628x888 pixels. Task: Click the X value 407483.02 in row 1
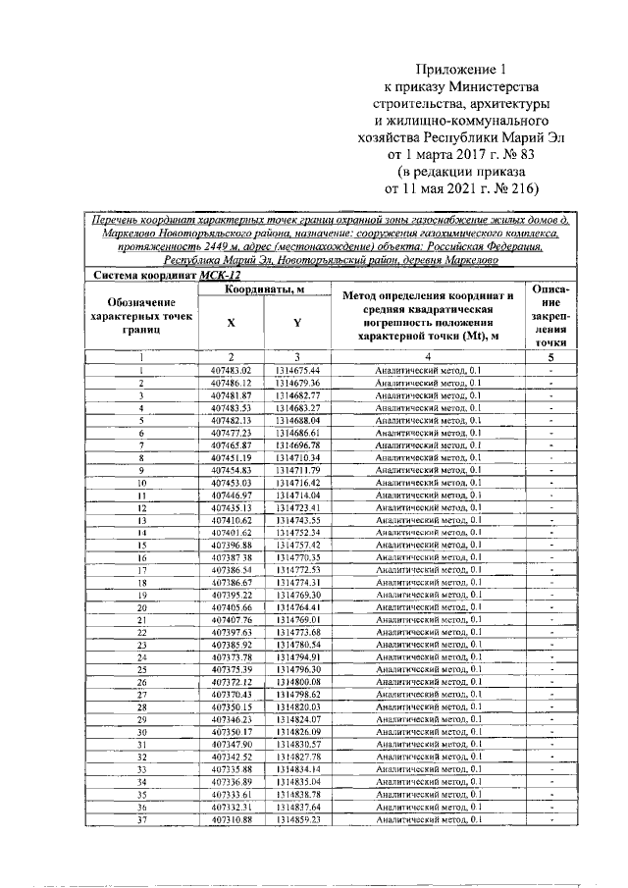(232, 370)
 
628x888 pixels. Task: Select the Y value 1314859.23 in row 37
(298, 819)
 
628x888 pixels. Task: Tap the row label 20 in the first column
(141, 607)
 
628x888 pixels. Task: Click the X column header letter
(231, 322)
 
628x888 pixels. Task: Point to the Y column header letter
(297, 322)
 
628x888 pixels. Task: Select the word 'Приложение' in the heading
(453, 70)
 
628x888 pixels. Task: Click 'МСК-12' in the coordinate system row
(220, 277)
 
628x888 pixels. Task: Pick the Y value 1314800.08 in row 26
(298, 682)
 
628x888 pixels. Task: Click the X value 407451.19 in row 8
(232, 457)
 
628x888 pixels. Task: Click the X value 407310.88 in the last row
(232, 819)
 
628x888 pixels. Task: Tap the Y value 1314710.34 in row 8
(298, 457)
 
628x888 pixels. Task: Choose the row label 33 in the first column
(141, 769)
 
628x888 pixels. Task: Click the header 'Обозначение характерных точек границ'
(141, 316)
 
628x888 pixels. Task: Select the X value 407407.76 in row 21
(232, 620)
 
